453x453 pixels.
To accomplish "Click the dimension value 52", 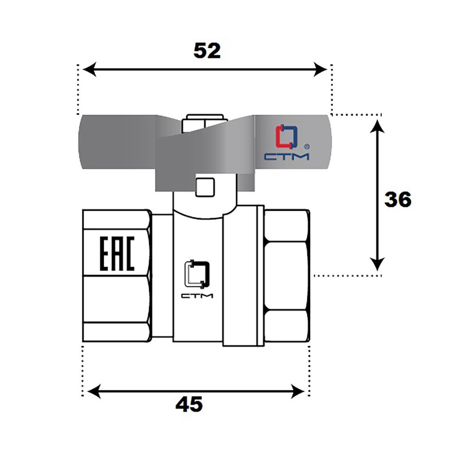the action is [207, 51].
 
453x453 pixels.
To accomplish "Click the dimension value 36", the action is [398, 199].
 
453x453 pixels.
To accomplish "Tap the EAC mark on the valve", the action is [117, 254].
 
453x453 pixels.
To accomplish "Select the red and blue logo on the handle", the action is [287, 137].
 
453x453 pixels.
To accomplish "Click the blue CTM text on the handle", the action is [287, 157].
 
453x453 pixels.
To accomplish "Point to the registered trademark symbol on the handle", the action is [307, 147].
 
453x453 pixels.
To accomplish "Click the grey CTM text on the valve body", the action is [197, 296].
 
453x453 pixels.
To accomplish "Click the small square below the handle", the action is [205, 187].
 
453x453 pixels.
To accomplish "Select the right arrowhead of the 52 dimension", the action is [320, 69].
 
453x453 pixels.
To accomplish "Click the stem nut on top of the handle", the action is [205, 123].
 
